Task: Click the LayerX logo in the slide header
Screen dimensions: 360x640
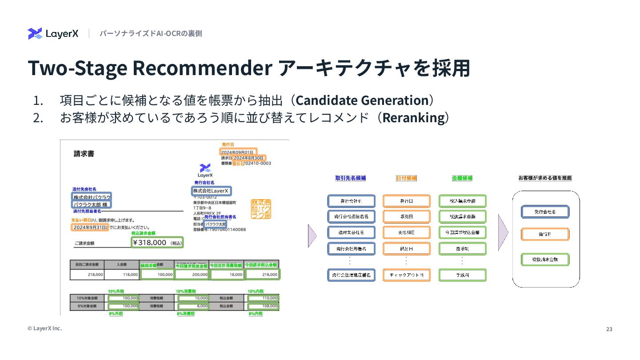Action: point(53,34)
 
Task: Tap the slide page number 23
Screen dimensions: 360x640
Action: point(609,329)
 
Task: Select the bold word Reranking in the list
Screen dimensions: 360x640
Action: point(413,118)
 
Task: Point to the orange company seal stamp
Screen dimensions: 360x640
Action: point(261,208)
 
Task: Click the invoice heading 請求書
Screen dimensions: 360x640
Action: point(84,154)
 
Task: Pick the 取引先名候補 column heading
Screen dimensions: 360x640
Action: point(351,178)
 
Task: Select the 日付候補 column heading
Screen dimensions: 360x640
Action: point(406,178)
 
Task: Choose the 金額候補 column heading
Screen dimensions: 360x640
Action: point(462,178)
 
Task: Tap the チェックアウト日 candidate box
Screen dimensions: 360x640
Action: point(406,275)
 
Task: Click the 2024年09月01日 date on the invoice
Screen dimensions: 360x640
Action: point(238,152)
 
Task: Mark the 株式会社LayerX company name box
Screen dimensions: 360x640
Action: point(211,191)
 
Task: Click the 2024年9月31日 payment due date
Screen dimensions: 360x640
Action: point(90,227)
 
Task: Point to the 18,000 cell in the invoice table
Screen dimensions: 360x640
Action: point(227,275)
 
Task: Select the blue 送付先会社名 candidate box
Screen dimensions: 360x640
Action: point(351,232)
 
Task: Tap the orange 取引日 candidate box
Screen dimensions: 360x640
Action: point(406,216)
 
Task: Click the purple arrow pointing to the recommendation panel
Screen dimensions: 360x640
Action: point(503,232)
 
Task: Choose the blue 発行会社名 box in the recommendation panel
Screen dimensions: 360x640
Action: point(545,212)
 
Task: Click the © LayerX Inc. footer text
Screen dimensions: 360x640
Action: point(44,328)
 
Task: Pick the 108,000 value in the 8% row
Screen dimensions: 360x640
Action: point(263,306)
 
